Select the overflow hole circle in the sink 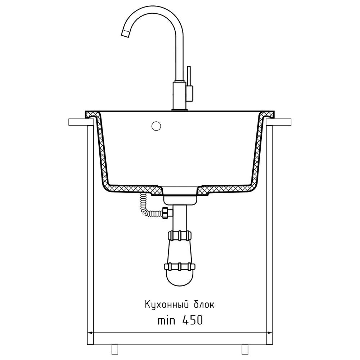pos(156,126)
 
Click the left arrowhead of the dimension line pos(90,332)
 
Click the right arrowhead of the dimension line pos(270,332)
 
